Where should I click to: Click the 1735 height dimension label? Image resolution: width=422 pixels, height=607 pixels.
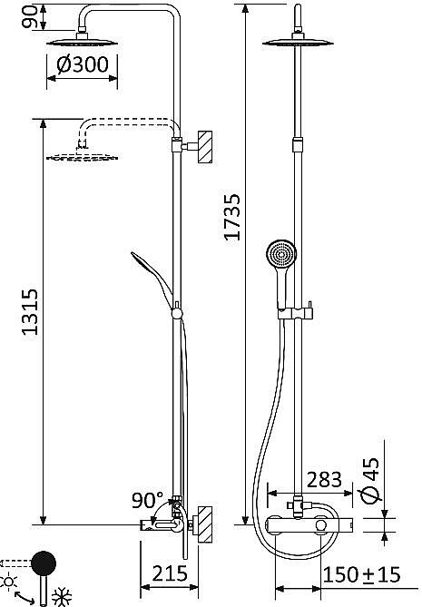233,217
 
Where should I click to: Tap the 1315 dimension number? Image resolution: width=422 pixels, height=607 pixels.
30,312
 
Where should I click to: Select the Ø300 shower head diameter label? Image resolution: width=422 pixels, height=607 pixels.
83,64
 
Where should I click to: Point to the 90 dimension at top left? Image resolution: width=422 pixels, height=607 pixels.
29,17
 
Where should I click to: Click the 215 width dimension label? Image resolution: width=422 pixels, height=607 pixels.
170,573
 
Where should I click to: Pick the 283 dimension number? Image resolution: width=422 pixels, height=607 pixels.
324,480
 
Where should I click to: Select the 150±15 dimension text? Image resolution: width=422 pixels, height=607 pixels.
361,575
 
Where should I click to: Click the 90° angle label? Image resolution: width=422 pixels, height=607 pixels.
148,500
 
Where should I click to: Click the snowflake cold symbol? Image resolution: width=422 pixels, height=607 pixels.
62,598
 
